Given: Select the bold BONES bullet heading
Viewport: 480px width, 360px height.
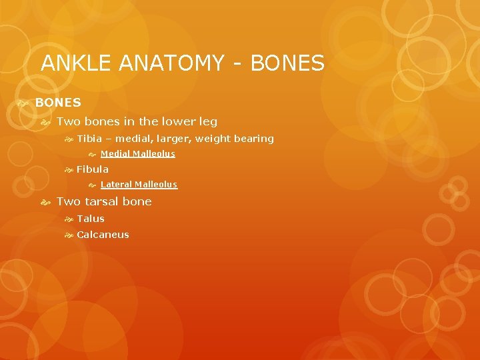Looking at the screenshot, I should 58,103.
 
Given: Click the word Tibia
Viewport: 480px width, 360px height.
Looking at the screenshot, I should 89,139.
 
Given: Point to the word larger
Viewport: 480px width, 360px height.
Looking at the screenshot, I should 161,139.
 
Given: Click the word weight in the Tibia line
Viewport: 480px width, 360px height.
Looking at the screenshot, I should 207,139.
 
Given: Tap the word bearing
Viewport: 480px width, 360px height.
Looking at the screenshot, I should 252,139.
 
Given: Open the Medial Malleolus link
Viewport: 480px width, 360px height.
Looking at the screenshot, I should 137,154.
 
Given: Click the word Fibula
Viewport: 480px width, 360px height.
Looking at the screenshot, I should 93,169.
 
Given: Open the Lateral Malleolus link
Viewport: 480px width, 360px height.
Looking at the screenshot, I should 139,185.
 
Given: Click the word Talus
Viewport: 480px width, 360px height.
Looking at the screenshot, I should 91,219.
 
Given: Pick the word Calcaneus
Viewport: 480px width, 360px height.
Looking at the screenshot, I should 103,235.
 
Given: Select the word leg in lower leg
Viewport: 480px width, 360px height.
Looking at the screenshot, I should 208,121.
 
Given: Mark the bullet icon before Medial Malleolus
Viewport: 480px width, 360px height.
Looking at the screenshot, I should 93,155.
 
